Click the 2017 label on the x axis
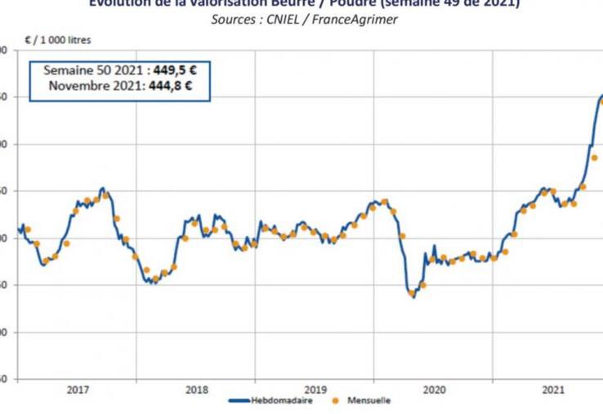click(78, 390)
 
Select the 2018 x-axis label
click(196, 390)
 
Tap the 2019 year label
click(315, 390)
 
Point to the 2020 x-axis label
click(433, 390)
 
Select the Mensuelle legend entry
click(368, 401)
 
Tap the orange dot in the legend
click(336, 401)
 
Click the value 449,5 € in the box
click(175, 70)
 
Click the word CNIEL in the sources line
click(284, 19)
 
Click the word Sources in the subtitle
click(234, 19)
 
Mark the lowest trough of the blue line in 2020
click(413, 296)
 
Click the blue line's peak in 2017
click(102, 188)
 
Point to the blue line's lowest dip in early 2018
click(154, 283)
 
